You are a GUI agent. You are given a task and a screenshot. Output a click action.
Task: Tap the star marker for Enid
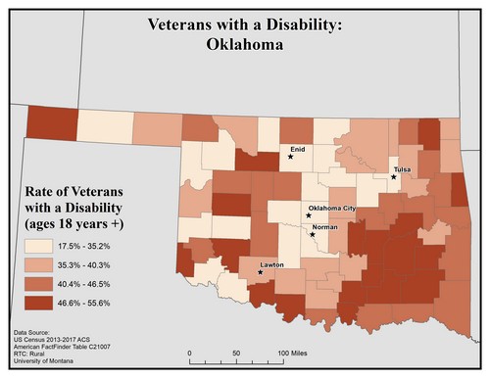[x=290, y=156]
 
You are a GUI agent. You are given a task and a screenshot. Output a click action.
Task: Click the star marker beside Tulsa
[x=393, y=177]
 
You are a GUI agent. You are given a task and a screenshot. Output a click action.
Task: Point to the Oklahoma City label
[x=332, y=209]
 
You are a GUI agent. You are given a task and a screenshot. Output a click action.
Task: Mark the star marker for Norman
[x=312, y=233]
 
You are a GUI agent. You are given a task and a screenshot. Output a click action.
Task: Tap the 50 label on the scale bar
[x=235, y=353]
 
